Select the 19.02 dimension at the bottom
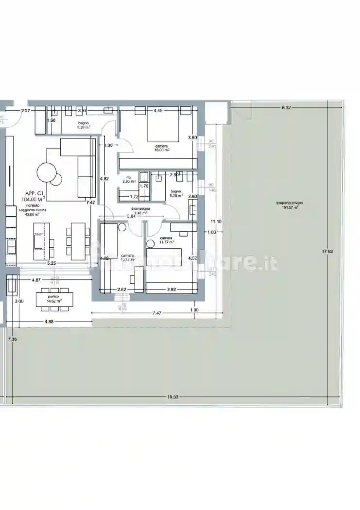coord(173,397)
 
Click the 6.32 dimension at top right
coord(286,107)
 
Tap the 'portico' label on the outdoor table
coord(53,296)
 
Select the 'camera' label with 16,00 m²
coord(162,146)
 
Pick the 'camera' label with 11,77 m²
coord(166,238)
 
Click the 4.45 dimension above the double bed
coord(158,111)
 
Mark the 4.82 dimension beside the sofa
coord(104,178)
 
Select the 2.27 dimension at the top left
coord(25,111)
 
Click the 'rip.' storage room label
coord(129,177)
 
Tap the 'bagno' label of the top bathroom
coord(84,124)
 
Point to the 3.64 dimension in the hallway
coord(131,216)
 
